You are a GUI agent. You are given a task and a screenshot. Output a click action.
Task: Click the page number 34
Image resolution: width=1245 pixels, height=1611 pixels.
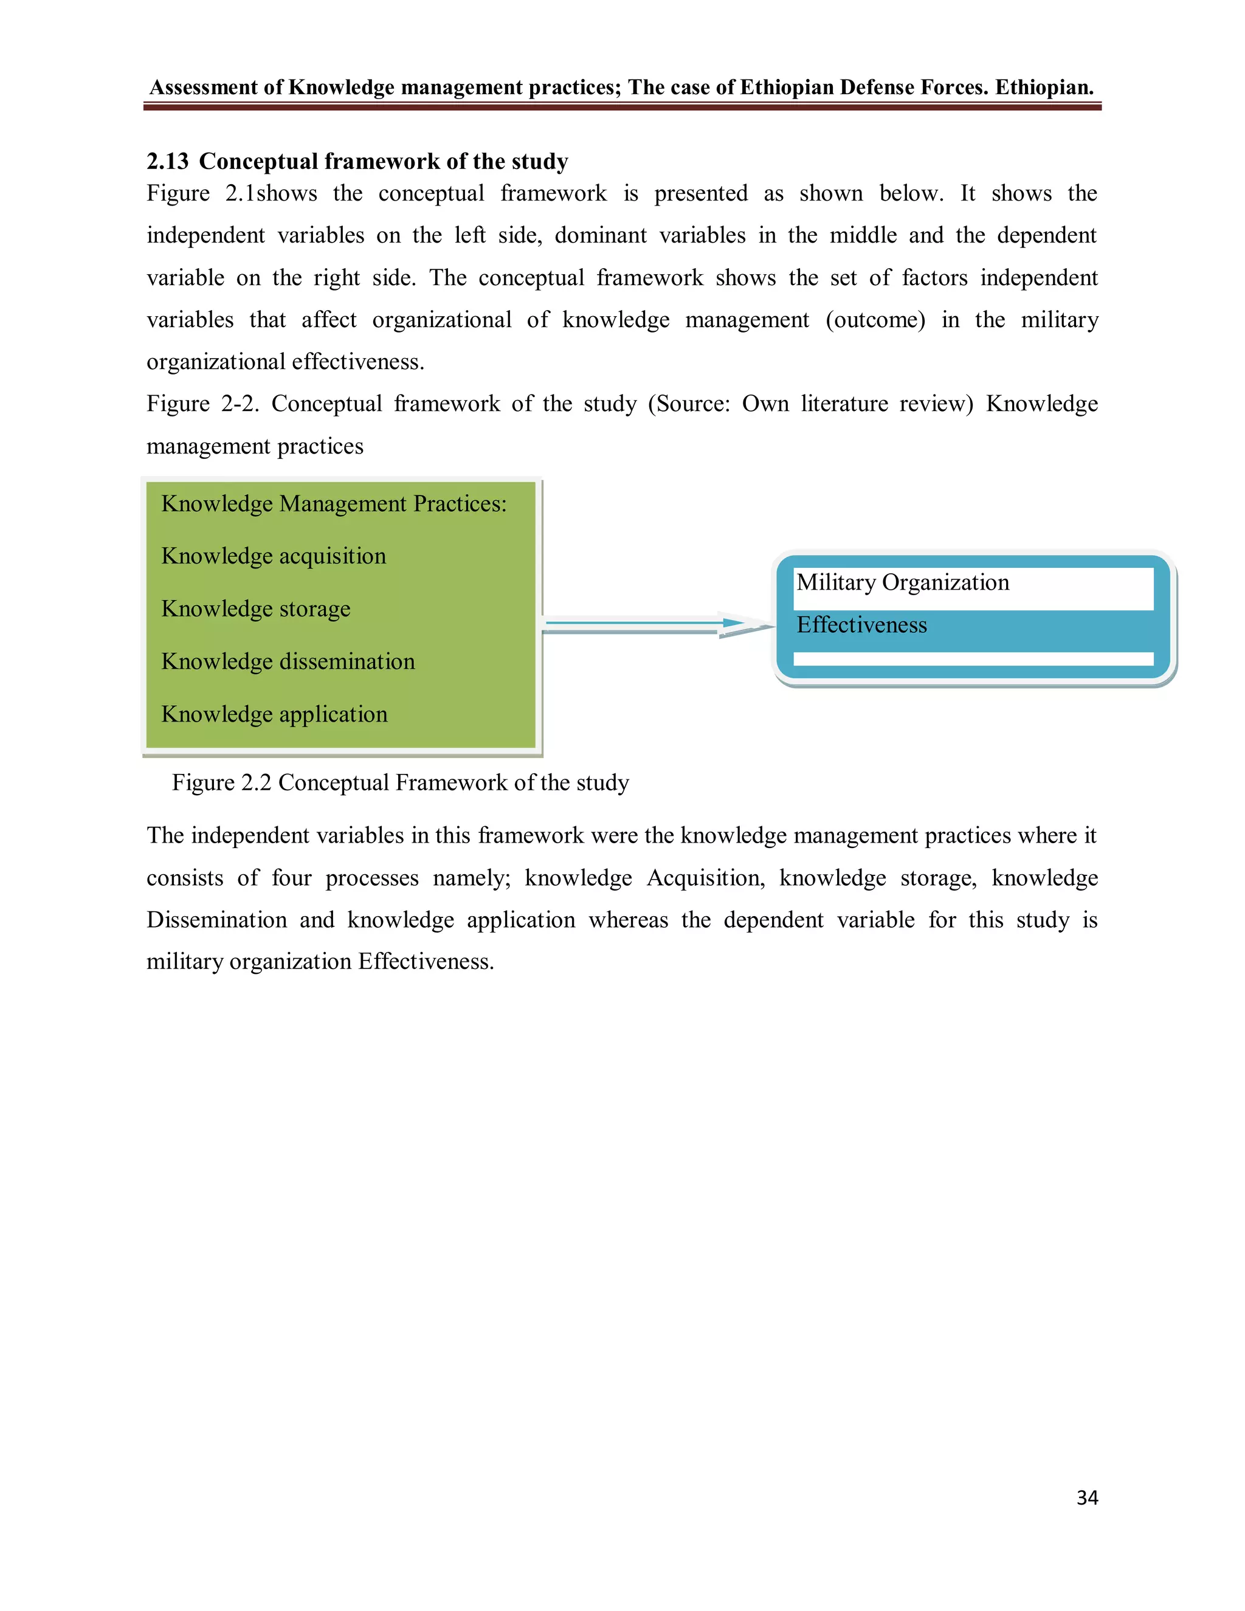pyautogui.click(x=1086, y=1497)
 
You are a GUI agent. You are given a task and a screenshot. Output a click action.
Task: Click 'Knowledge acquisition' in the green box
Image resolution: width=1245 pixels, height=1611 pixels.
pyautogui.click(x=274, y=556)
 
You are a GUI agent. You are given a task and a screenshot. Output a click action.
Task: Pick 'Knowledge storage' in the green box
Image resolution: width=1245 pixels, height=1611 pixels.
pyautogui.click(x=256, y=609)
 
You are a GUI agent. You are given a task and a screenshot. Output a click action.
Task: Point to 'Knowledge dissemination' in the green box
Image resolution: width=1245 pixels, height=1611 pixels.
pyautogui.click(x=288, y=661)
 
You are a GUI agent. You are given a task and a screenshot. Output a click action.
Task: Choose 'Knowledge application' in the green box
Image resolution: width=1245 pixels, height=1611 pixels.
pyautogui.click(x=274, y=714)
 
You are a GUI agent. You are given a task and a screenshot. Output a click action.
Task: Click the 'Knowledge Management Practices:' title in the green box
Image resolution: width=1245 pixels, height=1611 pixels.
pyautogui.click(x=334, y=503)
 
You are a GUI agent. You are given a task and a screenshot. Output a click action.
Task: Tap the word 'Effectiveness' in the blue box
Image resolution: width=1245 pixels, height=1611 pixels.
pyautogui.click(x=861, y=625)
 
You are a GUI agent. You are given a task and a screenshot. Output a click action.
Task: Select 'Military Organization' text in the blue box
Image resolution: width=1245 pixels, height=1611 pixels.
pyautogui.click(x=903, y=582)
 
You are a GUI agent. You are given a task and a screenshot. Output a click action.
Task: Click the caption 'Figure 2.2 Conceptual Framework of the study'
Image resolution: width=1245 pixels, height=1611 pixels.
pyautogui.click(x=401, y=782)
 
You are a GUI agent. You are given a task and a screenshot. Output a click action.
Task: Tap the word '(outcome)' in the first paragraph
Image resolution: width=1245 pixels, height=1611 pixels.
pyautogui.click(x=875, y=319)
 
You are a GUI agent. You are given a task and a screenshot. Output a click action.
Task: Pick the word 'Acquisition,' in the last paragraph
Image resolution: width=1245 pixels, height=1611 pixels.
pyautogui.click(x=706, y=878)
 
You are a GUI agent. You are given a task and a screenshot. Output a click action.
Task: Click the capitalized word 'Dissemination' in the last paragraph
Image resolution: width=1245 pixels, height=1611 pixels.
pyautogui.click(x=217, y=920)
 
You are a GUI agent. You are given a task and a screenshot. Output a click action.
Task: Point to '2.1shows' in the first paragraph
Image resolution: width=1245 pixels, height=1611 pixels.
pyautogui.click(x=271, y=193)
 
